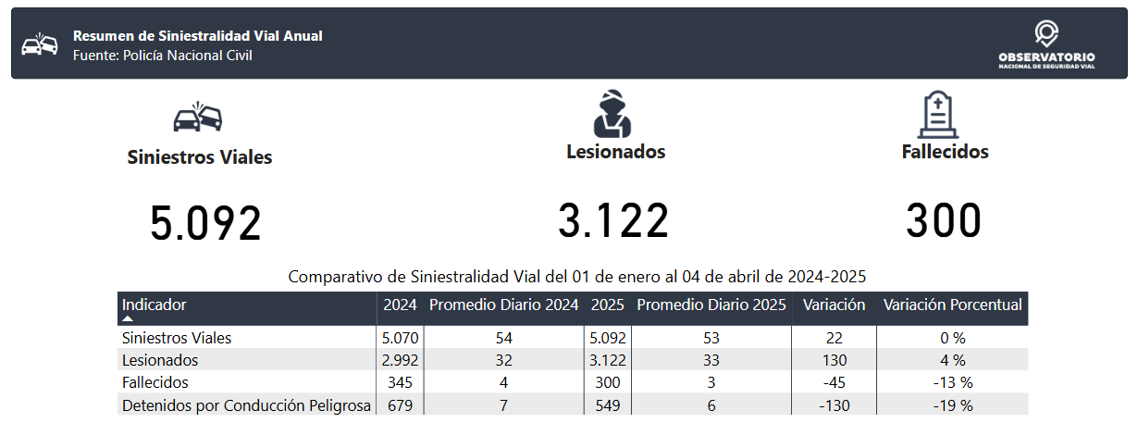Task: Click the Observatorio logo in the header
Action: tap(1046, 44)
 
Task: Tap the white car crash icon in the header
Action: tap(40, 44)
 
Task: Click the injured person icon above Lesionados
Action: tap(612, 114)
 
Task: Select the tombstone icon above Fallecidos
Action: tap(938, 115)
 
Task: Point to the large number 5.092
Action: tap(205, 223)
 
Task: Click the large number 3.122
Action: tap(613, 220)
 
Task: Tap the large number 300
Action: tap(944, 220)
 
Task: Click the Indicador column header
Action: tap(154, 305)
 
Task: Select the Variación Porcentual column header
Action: tap(953, 305)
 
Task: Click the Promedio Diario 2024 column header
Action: tap(504, 305)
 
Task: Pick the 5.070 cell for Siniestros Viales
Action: tap(401, 338)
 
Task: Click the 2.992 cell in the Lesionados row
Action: tap(401, 360)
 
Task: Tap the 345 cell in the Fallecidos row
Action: tap(401, 382)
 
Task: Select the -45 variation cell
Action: tap(835, 382)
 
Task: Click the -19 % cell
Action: tap(953, 405)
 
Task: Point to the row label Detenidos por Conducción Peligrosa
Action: tap(246, 405)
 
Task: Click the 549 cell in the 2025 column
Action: tap(608, 405)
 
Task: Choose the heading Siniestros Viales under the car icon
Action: tap(200, 157)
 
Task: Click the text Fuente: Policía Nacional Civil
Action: tap(163, 55)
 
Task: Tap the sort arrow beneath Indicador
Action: tap(128, 318)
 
